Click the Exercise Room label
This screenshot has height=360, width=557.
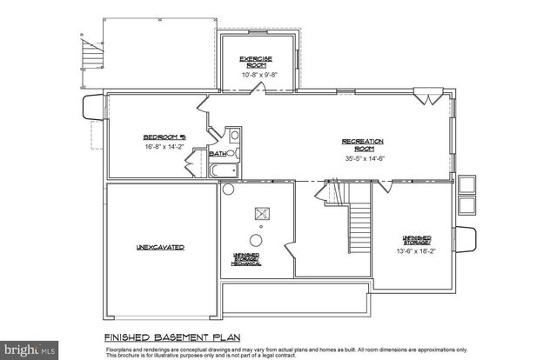(x=258, y=63)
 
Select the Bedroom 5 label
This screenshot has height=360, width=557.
(x=163, y=137)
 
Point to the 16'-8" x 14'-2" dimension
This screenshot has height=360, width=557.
(x=163, y=149)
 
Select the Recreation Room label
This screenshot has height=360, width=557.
(x=363, y=144)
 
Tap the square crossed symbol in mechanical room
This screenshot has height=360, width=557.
(x=259, y=214)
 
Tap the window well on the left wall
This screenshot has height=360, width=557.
(x=90, y=110)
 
